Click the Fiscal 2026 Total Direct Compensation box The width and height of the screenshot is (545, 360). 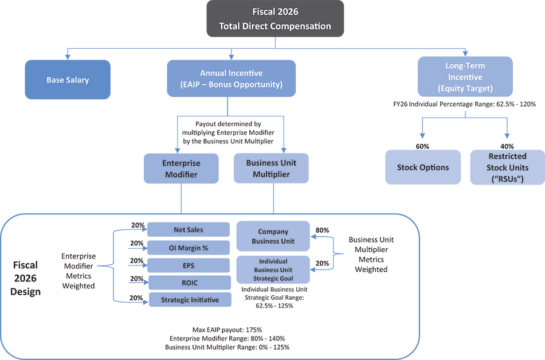[275, 19]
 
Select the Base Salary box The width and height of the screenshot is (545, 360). [68, 80]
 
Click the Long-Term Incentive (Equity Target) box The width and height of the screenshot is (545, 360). [465, 76]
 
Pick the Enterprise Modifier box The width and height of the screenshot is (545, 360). [181, 169]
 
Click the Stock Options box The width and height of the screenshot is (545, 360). [423, 167]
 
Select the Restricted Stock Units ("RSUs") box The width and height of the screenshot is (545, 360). [507, 167]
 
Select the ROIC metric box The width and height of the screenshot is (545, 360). [189, 282]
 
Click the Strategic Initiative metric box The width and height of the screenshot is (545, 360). [189, 299]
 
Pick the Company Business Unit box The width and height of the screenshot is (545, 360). [273, 236]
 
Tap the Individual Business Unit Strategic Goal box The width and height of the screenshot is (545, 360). [273, 269]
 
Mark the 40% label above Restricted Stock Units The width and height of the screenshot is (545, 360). [507, 146]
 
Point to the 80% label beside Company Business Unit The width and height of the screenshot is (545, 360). [322, 230]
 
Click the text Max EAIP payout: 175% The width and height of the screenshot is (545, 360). [227, 330]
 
